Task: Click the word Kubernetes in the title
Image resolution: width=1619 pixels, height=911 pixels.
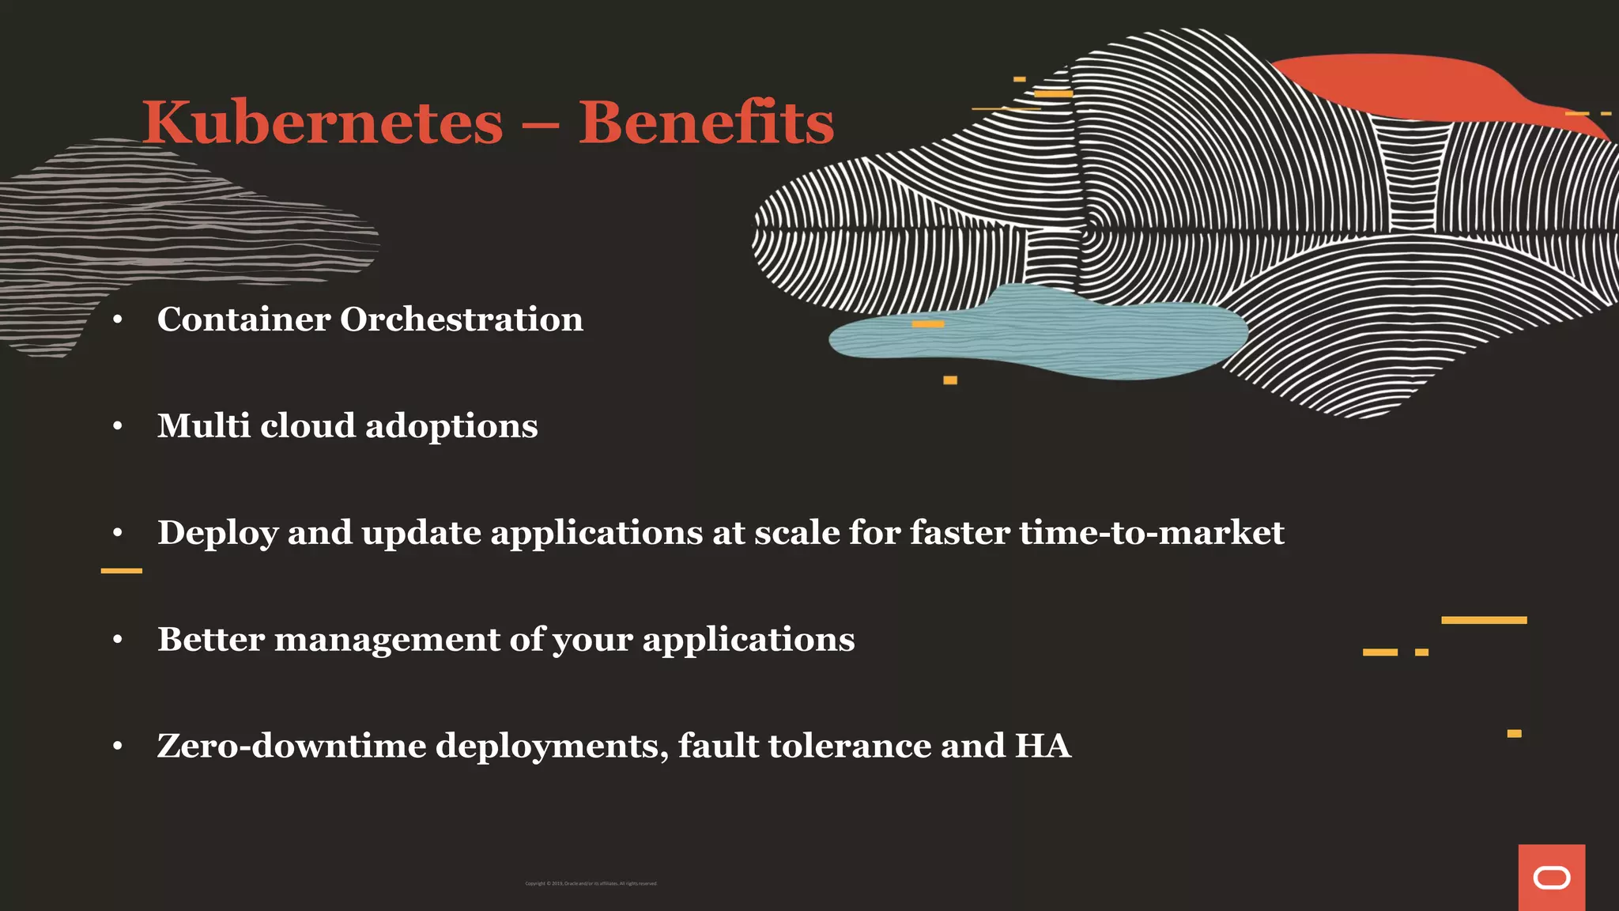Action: [323, 123]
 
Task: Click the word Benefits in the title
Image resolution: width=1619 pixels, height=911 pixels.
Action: [706, 123]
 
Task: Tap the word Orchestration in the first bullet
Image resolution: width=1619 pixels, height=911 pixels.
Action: [462, 319]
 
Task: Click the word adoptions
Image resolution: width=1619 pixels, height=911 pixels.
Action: [451, 426]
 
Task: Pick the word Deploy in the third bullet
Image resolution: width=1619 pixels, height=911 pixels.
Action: [217, 534]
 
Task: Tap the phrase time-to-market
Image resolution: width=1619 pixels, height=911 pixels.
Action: [1151, 532]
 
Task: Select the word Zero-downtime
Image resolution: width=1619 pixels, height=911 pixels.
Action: [292, 746]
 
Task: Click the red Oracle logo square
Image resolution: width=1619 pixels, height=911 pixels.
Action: [1551, 877]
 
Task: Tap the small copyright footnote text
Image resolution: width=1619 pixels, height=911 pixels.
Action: [591, 883]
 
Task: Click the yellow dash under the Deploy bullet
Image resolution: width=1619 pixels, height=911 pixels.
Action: [122, 570]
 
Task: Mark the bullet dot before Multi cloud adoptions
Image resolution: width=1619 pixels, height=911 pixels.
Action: [118, 427]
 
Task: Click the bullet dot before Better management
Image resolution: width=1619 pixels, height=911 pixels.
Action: [118, 640]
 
